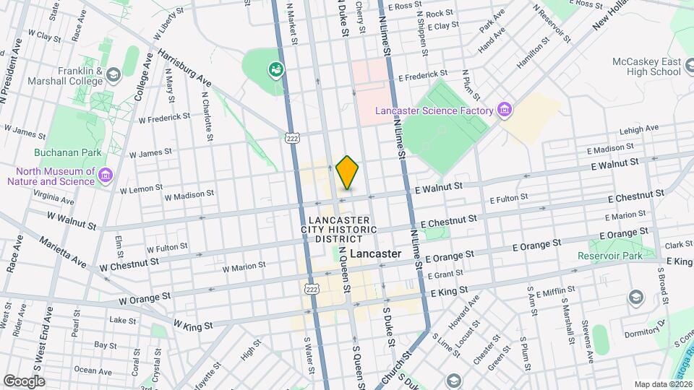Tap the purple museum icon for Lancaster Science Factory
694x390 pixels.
coord(505,110)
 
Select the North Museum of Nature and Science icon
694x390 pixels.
coord(106,175)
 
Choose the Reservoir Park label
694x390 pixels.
coord(609,256)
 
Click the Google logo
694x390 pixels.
coord(24,381)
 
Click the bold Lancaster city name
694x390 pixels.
coord(374,254)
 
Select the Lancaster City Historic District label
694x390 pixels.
coord(339,229)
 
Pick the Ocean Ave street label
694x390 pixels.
coord(93,370)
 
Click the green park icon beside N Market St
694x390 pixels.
coord(275,70)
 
